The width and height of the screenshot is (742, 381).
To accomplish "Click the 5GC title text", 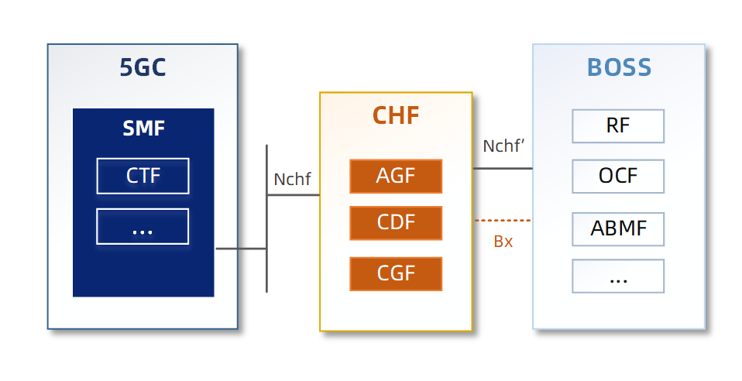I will point(143,68).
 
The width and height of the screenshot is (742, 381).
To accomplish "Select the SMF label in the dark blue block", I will point(143,128).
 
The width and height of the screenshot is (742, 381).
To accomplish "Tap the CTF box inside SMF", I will point(143,176).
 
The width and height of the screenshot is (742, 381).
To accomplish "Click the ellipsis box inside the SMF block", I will point(143,227).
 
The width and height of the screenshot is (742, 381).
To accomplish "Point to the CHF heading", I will point(396,115).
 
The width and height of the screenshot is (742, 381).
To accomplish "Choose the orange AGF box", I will point(396,176).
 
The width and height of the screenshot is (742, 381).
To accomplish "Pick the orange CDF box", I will point(396,223).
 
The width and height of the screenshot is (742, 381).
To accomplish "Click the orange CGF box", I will point(396,273).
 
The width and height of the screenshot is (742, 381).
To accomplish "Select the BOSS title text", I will point(619,67).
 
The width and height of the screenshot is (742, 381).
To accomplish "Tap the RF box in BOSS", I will point(618,126).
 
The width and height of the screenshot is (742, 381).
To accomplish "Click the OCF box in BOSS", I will point(618,176).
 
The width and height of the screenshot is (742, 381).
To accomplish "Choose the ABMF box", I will point(618,228).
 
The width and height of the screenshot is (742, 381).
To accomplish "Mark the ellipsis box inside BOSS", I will point(618,276).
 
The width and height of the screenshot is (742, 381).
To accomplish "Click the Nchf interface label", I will point(292,180).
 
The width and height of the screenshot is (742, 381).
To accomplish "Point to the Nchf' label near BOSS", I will point(504,146).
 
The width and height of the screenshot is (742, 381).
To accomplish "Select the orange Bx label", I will point(503,242).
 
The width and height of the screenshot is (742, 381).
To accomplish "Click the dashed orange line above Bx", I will point(503,221).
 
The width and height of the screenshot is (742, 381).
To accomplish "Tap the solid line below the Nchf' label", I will point(503,168).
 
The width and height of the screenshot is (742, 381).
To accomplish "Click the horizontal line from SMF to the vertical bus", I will point(241,249).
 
